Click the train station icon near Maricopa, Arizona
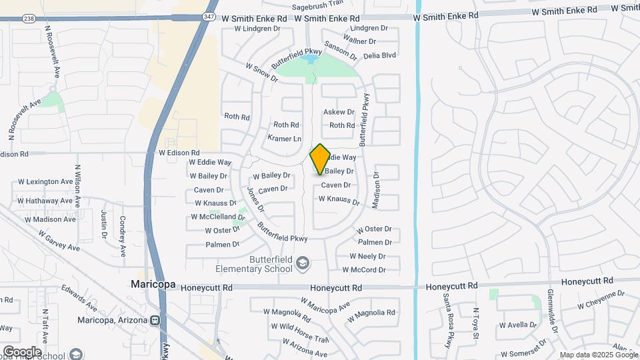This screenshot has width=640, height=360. click(155, 320)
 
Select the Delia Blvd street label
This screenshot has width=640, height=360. click(380, 55)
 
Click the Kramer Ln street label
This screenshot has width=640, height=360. click(285, 139)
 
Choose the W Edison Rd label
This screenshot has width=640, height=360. click(179, 153)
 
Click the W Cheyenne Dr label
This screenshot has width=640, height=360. click(601, 299)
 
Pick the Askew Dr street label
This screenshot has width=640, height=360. click(339, 112)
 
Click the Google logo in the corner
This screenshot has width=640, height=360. click(21, 352)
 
